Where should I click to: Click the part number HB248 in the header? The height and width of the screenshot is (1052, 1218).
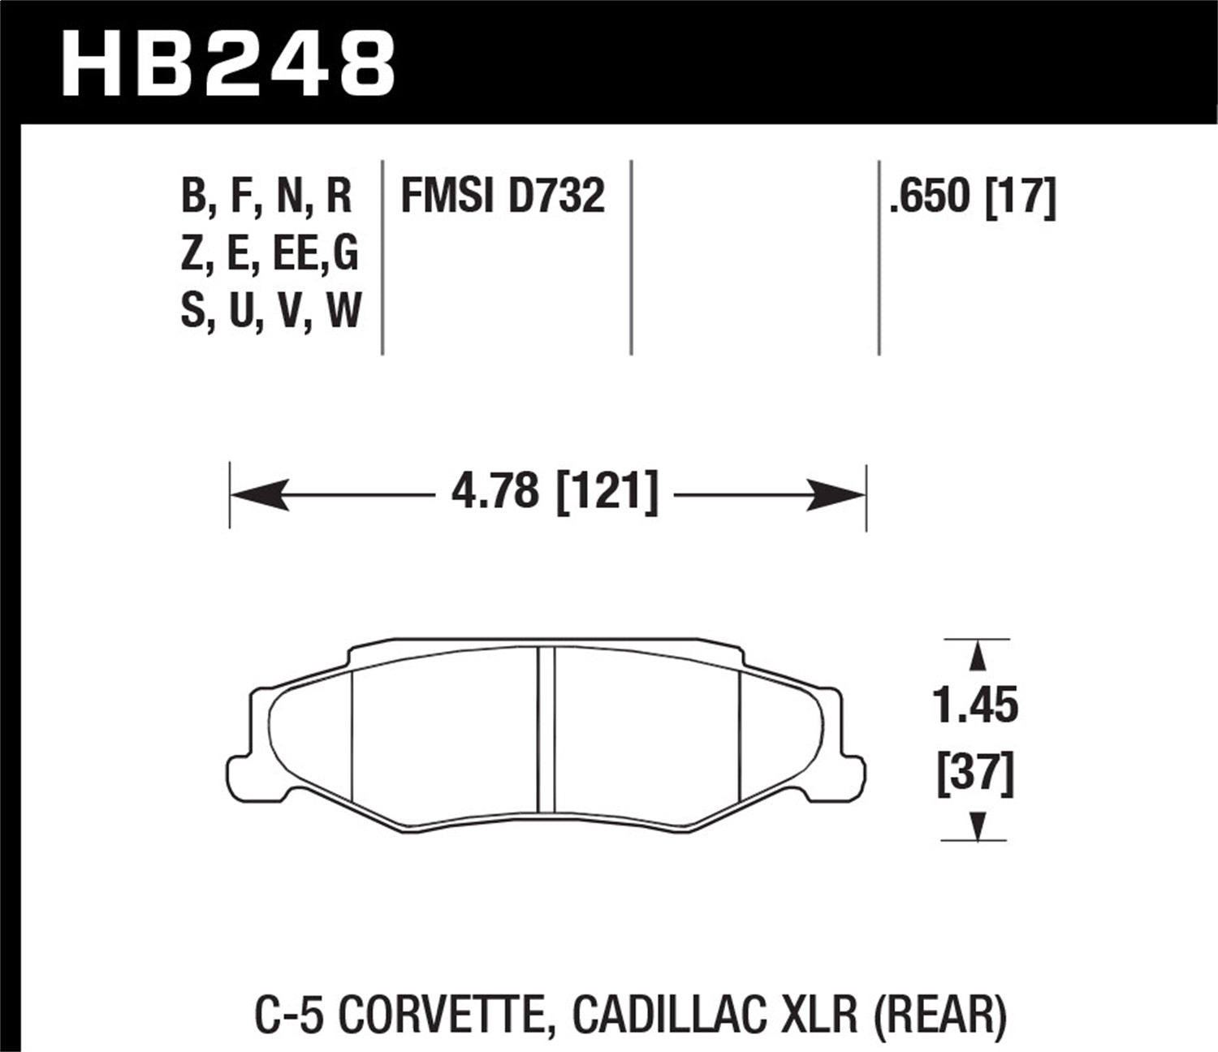(x=228, y=64)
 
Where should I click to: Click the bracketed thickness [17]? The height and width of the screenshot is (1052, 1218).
(x=1021, y=196)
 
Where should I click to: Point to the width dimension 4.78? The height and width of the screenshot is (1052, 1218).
(x=495, y=492)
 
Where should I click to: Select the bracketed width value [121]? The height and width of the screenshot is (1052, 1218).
(x=607, y=492)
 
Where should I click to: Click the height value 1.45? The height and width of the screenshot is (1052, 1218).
(x=975, y=705)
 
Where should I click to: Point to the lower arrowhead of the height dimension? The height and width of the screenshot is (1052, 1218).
(x=978, y=826)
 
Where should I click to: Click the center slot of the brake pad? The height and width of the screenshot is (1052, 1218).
(x=546, y=729)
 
